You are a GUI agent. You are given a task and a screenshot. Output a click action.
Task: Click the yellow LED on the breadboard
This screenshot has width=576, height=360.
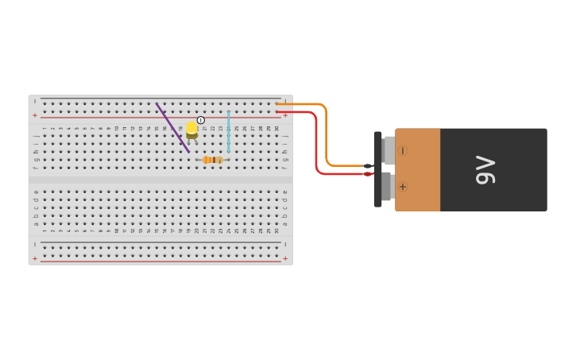[x=191, y=129]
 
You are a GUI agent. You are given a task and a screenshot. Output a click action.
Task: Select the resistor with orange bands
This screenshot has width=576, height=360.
[x=212, y=160]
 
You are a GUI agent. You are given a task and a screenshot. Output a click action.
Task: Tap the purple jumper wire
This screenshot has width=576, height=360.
[x=172, y=127]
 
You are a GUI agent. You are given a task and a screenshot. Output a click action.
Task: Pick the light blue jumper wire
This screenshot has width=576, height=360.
[x=229, y=131]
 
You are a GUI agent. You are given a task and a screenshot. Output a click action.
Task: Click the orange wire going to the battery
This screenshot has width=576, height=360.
[x=326, y=135]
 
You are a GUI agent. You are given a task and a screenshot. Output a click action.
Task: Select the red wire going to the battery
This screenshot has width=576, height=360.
[x=316, y=143]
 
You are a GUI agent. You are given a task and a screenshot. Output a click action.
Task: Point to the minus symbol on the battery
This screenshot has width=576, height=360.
[x=403, y=150]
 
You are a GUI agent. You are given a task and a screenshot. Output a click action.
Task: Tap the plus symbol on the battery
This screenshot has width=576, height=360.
[x=403, y=187]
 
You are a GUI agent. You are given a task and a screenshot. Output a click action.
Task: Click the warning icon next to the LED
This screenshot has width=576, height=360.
[x=201, y=120]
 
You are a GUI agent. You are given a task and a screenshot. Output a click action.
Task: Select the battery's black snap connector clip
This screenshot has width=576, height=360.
[x=377, y=169]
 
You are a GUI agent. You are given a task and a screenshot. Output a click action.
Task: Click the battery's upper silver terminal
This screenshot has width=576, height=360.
[x=389, y=150]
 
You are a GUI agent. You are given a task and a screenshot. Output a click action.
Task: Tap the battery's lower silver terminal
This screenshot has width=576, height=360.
[x=386, y=187]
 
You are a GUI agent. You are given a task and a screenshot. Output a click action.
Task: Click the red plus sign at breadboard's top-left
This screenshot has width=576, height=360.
[x=34, y=115]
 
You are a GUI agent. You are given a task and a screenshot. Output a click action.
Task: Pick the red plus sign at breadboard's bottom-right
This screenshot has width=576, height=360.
[x=285, y=258]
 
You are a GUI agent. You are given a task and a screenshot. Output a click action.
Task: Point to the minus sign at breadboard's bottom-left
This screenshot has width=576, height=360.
[x=34, y=245]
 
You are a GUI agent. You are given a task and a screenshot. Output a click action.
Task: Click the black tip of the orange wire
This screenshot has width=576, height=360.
[x=368, y=166]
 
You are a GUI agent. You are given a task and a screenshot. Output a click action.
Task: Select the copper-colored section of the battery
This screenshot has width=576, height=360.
[x=418, y=170]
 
